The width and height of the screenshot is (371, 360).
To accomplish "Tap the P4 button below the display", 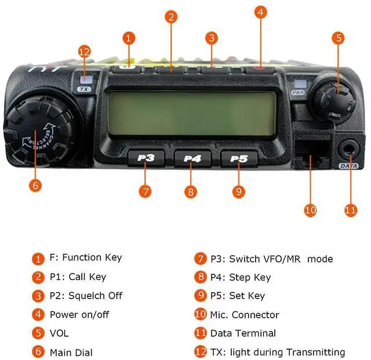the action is point(191,157).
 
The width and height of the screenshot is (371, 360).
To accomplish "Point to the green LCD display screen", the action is point(191,114).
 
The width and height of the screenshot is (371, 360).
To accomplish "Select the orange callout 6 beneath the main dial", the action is point(36,185).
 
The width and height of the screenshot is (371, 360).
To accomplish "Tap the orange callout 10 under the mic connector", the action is point(311,209).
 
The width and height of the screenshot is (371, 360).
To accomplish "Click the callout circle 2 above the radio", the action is point(170,16).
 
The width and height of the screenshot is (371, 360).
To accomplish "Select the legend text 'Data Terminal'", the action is point(243,333).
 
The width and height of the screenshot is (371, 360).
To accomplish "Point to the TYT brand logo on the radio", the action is point(37,69).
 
